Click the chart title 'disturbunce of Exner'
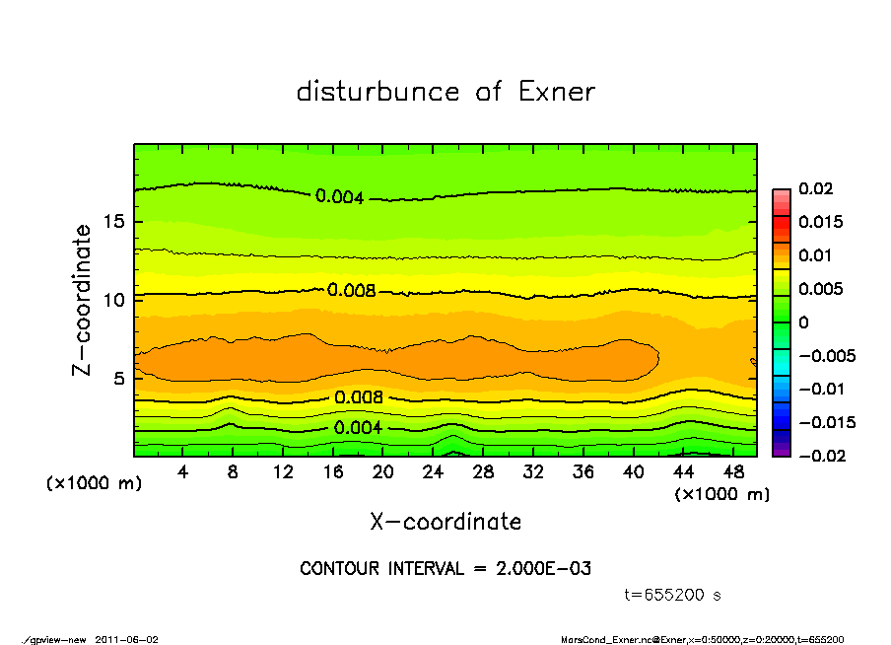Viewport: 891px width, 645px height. tap(445, 92)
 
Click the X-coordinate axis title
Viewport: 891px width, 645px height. tap(445, 521)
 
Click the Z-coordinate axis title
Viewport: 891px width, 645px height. tap(84, 299)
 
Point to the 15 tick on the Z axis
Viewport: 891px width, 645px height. tap(114, 221)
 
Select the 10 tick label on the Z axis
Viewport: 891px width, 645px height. tap(114, 299)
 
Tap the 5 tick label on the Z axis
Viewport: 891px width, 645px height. tap(119, 378)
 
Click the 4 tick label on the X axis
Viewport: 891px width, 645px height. tap(183, 472)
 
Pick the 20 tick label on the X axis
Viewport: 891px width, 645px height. tap(383, 472)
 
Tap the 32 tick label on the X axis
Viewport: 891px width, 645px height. tap(533, 472)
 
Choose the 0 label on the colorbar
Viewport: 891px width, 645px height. tap(803, 322)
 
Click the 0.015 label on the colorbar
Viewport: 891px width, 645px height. tap(820, 222)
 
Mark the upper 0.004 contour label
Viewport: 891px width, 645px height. tap(340, 197)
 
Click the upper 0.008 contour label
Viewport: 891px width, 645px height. tap(352, 291)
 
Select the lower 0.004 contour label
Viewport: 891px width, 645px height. tap(358, 428)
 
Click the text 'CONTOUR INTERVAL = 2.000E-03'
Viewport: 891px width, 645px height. tap(445, 568)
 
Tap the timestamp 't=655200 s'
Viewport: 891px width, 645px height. tap(673, 595)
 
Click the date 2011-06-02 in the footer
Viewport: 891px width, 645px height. tap(127, 639)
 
